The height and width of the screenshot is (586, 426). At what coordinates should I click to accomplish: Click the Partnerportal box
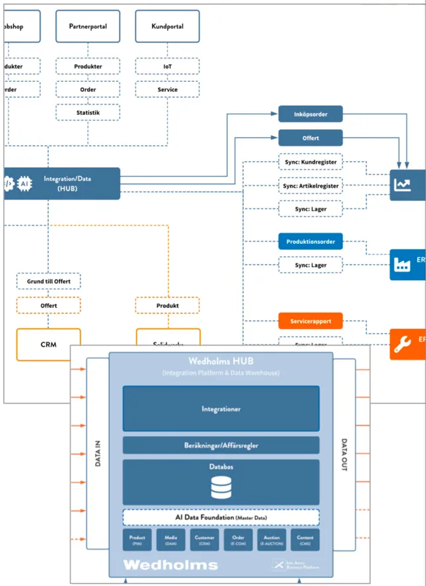[x=88, y=26]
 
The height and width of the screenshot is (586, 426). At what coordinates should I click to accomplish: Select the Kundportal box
[x=168, y=26]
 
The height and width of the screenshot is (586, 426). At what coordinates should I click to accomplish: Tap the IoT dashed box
[x=168, y=66]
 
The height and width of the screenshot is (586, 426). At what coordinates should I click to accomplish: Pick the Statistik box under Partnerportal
[x=88, y=113]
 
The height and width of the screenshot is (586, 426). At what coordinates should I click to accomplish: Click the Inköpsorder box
[x=310, y=114]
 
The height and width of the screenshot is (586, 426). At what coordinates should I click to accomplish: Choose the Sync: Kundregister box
[x=310, y=163]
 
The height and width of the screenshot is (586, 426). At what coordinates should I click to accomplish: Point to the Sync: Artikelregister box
[x=310, y=186]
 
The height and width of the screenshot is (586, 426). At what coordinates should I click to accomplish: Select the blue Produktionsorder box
[x=310, y=242]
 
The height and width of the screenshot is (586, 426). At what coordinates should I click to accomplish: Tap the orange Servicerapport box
[x=310, y=321]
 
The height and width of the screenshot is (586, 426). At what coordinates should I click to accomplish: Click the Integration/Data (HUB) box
[x=61, y=183]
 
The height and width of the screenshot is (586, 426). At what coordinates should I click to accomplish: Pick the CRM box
[x=48, y=344]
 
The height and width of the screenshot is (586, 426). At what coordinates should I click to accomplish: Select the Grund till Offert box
[x=48, y=282]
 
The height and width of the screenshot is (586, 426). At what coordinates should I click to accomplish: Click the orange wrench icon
[x=402, y=344]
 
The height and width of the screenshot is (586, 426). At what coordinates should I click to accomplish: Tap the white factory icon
[x=402, y=264]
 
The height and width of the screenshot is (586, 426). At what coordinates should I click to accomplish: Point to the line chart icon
[x=402, y=184]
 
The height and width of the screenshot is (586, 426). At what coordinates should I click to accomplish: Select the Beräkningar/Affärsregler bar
[x=221, y=445]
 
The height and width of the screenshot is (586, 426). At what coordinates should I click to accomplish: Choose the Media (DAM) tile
[x=170, y=540]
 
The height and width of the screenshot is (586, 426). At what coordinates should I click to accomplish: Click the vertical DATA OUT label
[x=343, y=455]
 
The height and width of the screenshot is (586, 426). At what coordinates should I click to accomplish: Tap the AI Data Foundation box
[x=221, y=517]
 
